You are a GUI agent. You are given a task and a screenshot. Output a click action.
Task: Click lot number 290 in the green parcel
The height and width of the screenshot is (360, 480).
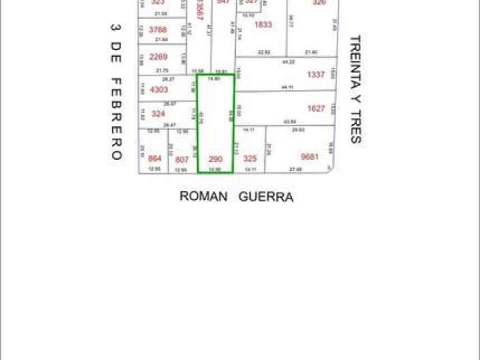tap(215, 159)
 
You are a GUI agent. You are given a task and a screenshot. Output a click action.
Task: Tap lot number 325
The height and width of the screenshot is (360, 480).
tap(249, 159)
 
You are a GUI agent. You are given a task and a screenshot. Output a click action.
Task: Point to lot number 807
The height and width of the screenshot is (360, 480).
tap(181, 159)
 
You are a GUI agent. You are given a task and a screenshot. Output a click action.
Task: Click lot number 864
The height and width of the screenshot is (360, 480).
tap(155, 159)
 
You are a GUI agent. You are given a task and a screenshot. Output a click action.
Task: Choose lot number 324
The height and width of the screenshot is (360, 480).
tap(158, 113)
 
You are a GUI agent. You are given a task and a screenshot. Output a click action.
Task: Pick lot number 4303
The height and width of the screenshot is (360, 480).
tap(159, 89)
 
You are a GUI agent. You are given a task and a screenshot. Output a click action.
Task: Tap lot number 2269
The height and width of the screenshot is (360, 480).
tap(159, 57)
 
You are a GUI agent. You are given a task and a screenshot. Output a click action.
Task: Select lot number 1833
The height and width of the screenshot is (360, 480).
tap(263, 25)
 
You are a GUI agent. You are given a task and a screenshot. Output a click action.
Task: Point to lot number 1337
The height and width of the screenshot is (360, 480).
tap(316, 75)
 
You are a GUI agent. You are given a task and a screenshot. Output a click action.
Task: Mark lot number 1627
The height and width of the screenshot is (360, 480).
tap(316, 109)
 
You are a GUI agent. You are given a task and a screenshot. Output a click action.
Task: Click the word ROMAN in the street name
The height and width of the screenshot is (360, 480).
tap(204, 197)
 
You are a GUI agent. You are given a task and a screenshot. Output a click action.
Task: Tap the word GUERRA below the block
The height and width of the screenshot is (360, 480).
tap(266, 197)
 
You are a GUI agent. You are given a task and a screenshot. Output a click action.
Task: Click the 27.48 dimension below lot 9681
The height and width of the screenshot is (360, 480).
tap(295, 169)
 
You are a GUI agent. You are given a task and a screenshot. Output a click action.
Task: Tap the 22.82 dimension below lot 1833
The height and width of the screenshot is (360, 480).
tap(264, 52)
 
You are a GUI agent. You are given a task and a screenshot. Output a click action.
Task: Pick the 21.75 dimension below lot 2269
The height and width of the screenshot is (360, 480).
tap(161, 70)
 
